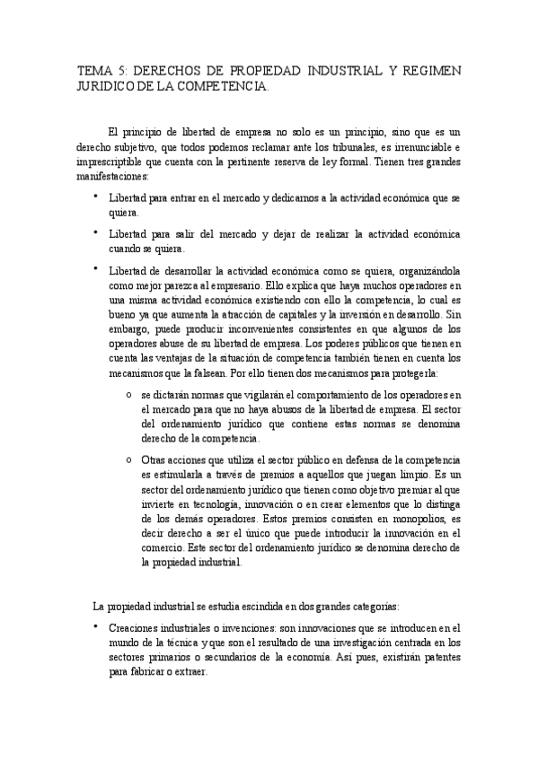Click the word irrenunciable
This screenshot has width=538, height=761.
pos(420,146)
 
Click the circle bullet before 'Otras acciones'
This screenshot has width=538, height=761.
pos(130,459)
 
